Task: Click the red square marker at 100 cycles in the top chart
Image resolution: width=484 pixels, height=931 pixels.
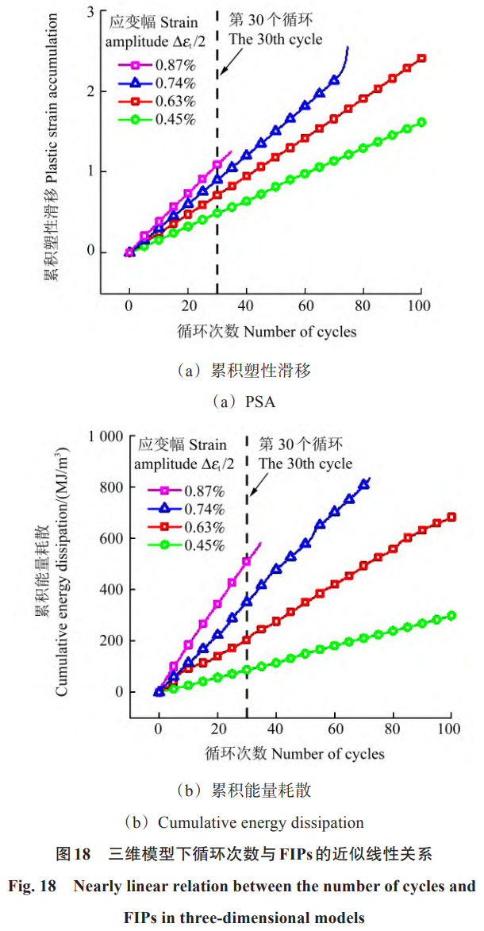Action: (x=421, y=58)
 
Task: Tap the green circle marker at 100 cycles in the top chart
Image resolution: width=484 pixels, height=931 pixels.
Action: (x=421, y=122)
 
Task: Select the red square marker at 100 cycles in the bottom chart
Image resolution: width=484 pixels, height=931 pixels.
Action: (x=451, y=517)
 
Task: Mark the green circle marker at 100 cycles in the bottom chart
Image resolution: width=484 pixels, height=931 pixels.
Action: (x=451, y=615)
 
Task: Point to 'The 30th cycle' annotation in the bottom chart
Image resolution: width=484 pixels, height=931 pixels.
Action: (x=305, y=464)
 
